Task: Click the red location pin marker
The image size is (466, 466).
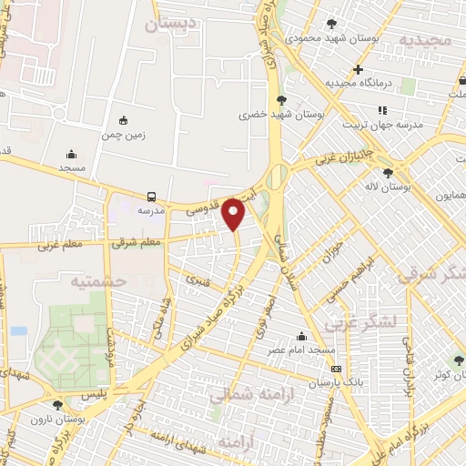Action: click(234, 213)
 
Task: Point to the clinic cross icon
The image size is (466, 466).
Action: click(359, 69)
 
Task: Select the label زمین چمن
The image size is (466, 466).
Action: click(124, 134)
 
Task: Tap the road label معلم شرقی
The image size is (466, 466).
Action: click(136, 243)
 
